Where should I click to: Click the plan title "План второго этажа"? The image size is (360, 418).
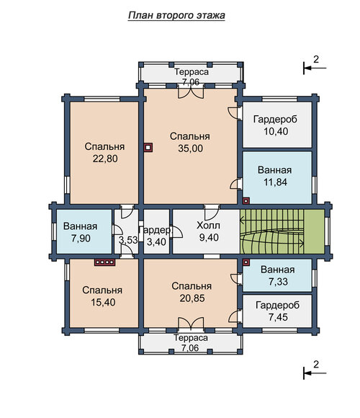(x=176, y=15)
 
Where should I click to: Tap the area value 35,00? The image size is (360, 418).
(x=190, y=148)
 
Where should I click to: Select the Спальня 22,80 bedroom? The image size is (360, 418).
(x=104, y=153)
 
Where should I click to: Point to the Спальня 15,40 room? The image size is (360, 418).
(x=104, y=293)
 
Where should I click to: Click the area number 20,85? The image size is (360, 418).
(x=192, y=298)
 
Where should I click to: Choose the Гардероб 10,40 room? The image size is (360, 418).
(x=277, y=125)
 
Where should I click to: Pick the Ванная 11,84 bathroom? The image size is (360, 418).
(x=277, y=178)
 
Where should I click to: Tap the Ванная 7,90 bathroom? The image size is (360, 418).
(x=84, y=231)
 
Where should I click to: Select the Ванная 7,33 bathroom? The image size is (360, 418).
(x=277, y=275)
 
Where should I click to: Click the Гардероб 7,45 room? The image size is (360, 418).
(x=277, y=311)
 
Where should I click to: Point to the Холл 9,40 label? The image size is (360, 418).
(x=208, y=231)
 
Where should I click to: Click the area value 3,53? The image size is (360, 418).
(x=128, y=240)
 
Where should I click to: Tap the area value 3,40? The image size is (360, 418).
(x=156, y=242)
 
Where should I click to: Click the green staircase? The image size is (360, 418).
(x=282, y=231)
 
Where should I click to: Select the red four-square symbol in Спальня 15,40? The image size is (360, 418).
(x=105, y=262)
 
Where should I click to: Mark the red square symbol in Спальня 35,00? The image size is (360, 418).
(x=148, y=148)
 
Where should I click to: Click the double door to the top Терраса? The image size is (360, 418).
(x=191, y=92)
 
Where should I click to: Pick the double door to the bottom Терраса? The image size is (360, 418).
(x=191, y=323)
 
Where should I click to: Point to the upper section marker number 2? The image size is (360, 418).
(x=316, y=59)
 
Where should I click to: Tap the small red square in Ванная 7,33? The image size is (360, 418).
(x=246, y=262)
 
